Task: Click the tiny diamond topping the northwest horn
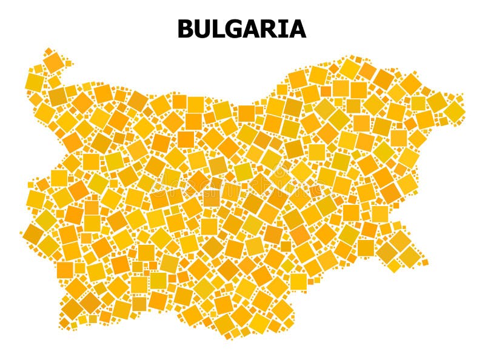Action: click(x=48, y=51)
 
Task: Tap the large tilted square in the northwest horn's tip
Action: click(x=54, y=62)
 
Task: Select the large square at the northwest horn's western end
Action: click(x=35, y=82)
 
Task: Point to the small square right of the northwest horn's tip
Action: click(x=69, y=63)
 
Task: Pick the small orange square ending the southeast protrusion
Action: click(x=425, y=262)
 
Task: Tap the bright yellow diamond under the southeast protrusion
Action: click(x=395, y=265)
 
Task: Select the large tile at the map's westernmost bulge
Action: click(x=35, y=198)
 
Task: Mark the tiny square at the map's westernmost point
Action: click(x=21, y=232)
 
